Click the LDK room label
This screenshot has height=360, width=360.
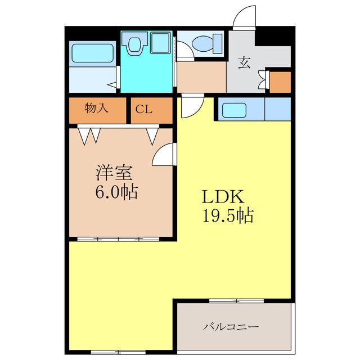click(x=222, y=197)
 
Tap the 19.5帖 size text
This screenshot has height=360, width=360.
click(x=227, y=215)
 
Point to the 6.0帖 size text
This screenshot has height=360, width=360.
click(x=115, y=192)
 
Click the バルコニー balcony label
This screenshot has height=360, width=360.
click(x=231, y=326)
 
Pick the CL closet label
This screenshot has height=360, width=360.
click(x=143, y=110)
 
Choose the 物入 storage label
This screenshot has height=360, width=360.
click(x=97, y=109)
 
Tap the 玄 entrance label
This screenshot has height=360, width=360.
click(x=244, y=62)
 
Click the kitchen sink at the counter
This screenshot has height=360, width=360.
click(x=235, y=110)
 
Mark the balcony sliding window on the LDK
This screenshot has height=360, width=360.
click(x=236, y=301)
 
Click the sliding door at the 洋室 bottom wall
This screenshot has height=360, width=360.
click(x=118, y=239)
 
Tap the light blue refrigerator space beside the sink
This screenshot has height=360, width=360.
click(x=277, y=110)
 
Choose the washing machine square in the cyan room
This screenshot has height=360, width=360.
click(x=161, y=43)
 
